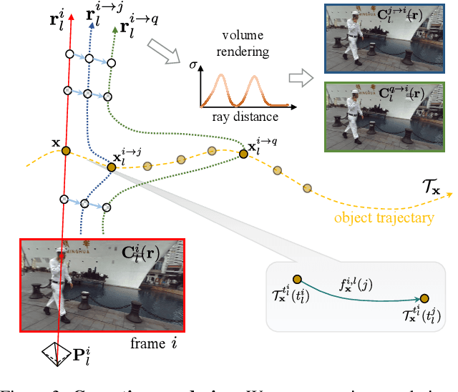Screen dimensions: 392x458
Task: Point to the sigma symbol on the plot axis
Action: (193, 67)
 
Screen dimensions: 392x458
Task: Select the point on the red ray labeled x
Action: (66, 150)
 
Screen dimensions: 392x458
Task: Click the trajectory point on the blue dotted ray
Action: (112, 167)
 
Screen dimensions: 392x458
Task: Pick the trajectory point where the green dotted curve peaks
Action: (243, 152)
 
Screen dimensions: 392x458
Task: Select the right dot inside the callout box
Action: (424, 298)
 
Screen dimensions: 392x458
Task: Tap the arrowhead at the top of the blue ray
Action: (92, 23)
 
